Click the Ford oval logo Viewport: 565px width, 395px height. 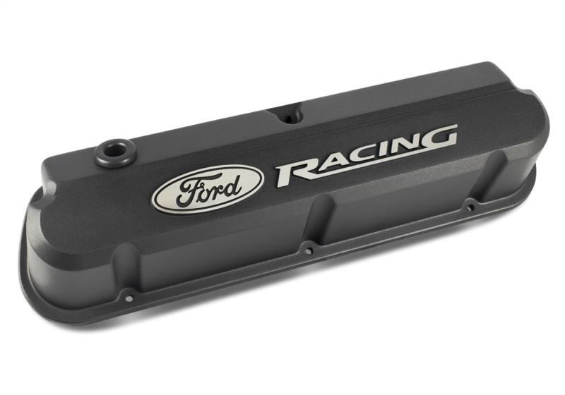click(x=208, y=188)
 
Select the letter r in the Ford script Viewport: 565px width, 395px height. click(x=215, y=187)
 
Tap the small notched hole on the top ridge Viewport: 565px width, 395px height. click(x=288, y=116)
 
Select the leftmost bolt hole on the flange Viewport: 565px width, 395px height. click(x=128, y=298)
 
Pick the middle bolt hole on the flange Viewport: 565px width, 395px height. click(x=308, y=250)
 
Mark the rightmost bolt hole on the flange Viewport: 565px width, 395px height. click(x=470, y=207)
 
